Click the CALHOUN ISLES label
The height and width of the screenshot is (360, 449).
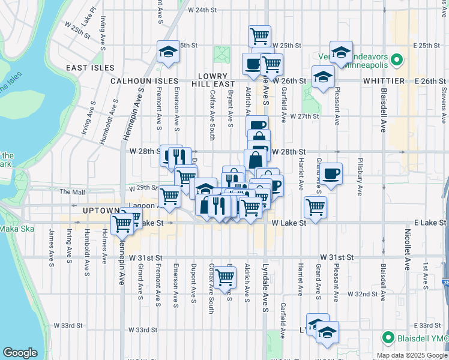(143, 80)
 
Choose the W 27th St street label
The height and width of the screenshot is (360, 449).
(304, 116)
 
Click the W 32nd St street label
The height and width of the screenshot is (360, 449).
(366, 295)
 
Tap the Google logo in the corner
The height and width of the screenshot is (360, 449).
(20, 353)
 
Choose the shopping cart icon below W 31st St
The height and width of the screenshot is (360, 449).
(224, 277)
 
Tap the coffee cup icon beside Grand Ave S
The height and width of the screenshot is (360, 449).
(331, 174)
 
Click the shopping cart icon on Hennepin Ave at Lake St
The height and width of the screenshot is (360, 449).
(122, 223)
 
